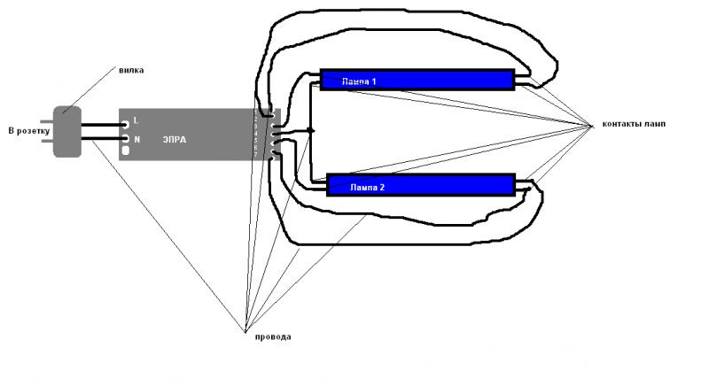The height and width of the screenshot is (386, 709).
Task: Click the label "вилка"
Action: [130, 70]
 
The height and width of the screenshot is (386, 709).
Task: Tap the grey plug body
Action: [67, 132]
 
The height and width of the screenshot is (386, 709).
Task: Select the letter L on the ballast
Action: [136, 119]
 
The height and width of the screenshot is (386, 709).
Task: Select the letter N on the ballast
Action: [136, 139]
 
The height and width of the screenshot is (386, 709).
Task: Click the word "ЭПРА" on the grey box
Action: [175, 140]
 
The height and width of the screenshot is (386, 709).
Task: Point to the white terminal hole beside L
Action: [125, 125]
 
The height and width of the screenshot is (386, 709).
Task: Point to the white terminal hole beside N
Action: [125, 139]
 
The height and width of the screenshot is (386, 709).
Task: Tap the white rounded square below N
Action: [125, 151]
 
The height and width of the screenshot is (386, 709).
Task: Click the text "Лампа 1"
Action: [360, 81]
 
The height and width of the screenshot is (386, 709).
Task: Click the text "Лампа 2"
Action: [367, 189]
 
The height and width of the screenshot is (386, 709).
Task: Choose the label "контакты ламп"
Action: [633, 124]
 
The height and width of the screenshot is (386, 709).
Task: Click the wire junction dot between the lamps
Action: [311, 131]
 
